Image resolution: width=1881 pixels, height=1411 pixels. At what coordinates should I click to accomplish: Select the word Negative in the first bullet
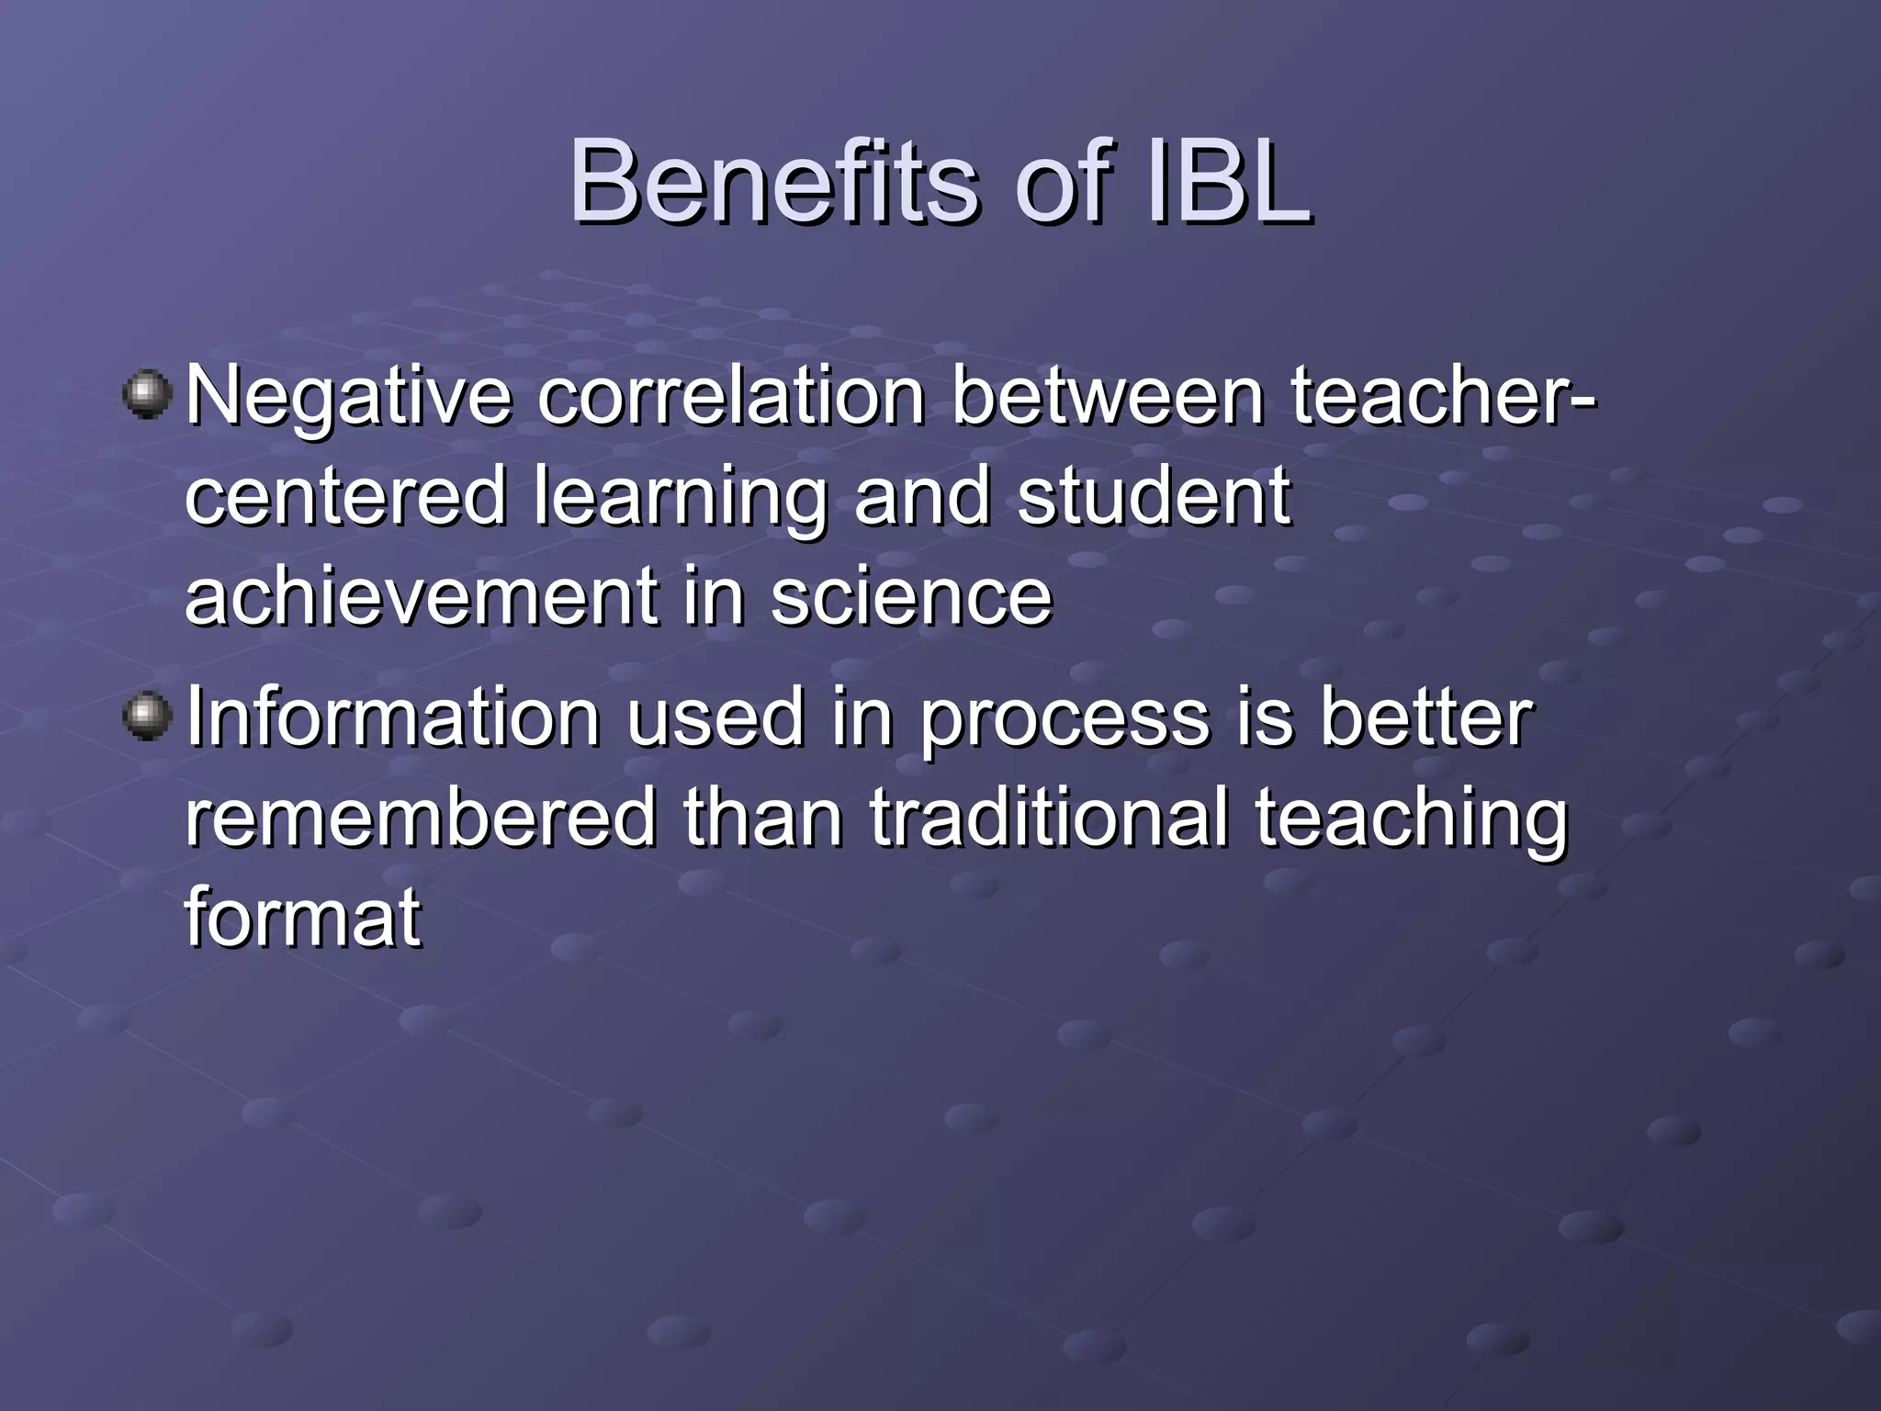348,397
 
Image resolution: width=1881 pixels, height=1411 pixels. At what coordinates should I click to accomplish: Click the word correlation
731,397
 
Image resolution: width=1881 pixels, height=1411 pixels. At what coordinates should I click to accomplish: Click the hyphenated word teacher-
1443,397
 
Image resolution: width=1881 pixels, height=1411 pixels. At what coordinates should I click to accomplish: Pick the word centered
345,496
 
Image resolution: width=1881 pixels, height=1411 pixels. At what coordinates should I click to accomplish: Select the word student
1154,496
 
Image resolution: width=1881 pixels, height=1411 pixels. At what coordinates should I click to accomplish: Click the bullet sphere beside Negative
147,395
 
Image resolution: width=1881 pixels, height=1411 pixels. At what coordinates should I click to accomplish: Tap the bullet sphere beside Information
147,717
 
